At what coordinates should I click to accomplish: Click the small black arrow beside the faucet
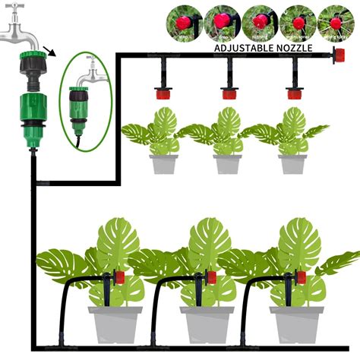coord(49,52)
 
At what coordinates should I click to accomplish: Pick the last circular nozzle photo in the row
coord(334,22)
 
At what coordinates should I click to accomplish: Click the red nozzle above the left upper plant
coord(162,94)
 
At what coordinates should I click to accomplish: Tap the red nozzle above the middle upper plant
coord(228,94)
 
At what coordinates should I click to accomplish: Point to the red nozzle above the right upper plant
coord(293,94)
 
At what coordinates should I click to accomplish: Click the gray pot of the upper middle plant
coord(227,164)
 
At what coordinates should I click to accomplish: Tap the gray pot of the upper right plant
coord(292,164)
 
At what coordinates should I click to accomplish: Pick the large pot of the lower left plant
coord(115,324)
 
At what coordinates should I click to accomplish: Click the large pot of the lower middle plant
coord(206,324)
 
